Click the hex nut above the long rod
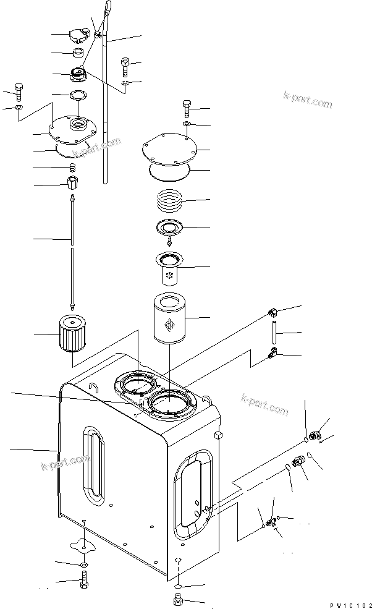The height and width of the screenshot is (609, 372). click(x=72, y=183)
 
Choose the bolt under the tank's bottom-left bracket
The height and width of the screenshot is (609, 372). click(x=84, y=581)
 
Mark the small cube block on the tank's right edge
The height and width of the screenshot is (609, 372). click(x=218, y=436)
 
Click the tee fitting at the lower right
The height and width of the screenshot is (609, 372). click(x=271, y=522)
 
